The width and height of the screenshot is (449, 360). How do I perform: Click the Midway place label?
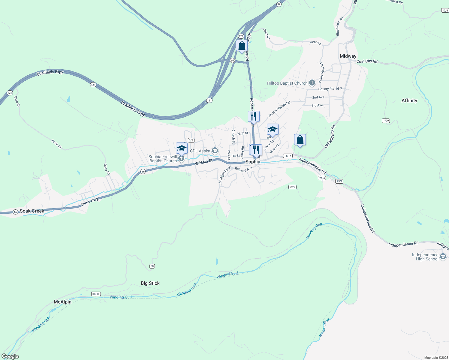coord(348,56)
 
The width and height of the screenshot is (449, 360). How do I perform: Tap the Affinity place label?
coord(409,100)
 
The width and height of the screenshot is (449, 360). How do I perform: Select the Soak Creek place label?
coord(32,211)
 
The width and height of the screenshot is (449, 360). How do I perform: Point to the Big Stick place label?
coord(150,283)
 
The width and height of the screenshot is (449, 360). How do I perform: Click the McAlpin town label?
coord(62,302)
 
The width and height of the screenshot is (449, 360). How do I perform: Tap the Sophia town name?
coord(253,162)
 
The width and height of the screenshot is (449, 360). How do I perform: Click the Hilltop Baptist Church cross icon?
coord(312,83)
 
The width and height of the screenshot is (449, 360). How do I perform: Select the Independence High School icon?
coord(443,257)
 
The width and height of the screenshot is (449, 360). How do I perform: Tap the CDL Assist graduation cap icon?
coord(215,151)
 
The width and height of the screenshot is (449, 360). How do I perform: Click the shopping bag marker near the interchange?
coord(242,46)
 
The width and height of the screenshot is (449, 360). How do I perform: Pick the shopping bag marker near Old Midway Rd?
coord(300,140)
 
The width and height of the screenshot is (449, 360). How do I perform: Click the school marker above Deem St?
coord(273,130)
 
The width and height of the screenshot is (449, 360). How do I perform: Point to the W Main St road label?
coord(203,162)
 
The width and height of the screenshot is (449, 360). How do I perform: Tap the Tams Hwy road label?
coord(89,202)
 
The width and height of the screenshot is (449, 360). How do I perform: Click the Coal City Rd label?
coord(367,61)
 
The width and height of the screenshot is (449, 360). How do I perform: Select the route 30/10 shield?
coord(96,294)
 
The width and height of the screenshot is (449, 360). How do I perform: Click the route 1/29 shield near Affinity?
coord(386,121)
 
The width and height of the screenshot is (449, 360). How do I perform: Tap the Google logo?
coord(10,356)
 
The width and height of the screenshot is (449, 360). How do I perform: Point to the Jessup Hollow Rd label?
coord(279,109)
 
